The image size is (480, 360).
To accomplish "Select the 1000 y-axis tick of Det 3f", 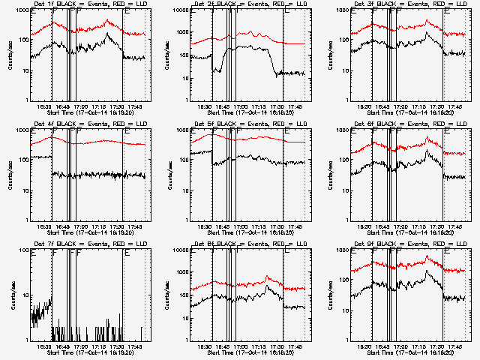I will tap(342, 11).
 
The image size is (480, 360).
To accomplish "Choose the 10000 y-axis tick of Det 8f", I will tap(180, 250).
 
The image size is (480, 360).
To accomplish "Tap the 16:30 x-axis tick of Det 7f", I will tap(43, 346).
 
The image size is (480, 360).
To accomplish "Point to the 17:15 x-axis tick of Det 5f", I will tap(259, 226).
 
